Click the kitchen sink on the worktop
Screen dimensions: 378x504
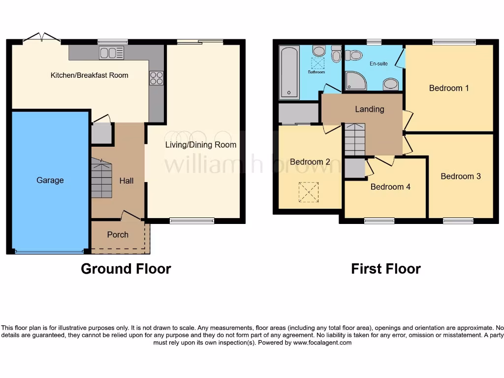point(112,52)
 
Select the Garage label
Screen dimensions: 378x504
point(50,180)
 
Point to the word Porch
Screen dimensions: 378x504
point(118,235)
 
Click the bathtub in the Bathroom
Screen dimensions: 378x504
point(289,73)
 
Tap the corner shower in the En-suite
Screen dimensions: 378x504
point(355,81)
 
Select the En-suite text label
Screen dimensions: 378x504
point(378,63)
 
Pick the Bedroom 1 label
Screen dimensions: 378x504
point(449,88)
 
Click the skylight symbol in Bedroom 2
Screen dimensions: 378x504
point(309,192)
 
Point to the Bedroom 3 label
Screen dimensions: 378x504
point(461,176)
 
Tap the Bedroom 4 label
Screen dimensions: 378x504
point(390,187)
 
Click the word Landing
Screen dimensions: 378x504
point(369,109)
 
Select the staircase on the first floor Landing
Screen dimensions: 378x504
point(354,139)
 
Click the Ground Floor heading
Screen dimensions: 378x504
point(126,269)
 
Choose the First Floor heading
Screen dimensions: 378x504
point(386,269)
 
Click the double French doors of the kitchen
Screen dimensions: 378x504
point(42,37)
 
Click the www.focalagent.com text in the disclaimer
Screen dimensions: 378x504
point(322,343)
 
